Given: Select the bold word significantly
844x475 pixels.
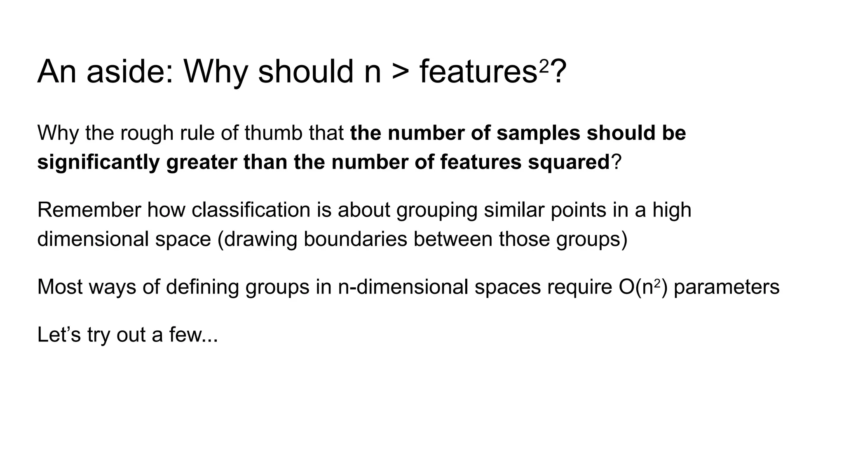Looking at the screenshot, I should click(98, 162).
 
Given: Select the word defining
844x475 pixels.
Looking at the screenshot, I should click(202, 287).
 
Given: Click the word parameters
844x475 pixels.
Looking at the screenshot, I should click(727, 287).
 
